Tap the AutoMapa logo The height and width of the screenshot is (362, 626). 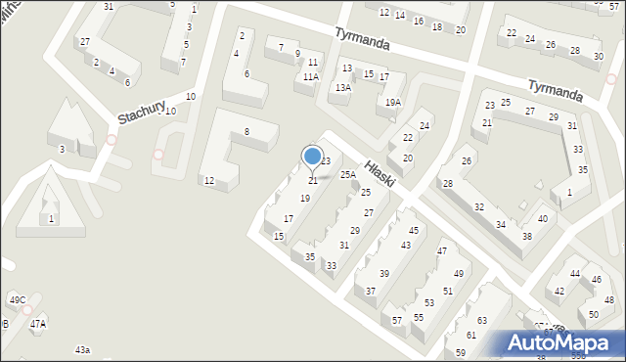click(x=563, y=343)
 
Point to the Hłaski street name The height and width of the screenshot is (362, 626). click(x=378, y=179)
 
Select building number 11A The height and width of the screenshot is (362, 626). click(x=310, y=76)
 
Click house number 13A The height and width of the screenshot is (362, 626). click(x=342, y=87)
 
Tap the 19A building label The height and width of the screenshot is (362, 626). click(x=392, y=102)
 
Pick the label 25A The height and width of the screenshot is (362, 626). click(x=348, y=174)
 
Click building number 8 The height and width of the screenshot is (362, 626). click(x=246, y=131)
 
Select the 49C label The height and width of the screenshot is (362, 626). click(x=18, y=299)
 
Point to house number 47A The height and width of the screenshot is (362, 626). click(x=37, y=323)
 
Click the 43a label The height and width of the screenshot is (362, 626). click(x=82, y=349)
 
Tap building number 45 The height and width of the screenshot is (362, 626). click(x=415, y=230)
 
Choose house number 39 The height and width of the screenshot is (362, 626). click(x=384, y=273)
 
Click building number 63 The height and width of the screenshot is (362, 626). click(x=481, y=321)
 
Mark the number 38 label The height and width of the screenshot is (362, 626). click(x=526, y=237)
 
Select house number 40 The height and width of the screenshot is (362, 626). click(x=542, y=218)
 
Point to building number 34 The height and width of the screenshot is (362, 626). click(x=501, y=224)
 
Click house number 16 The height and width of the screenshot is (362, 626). click(x=418, y=21)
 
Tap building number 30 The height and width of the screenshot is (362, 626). click(x=598, y=57)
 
